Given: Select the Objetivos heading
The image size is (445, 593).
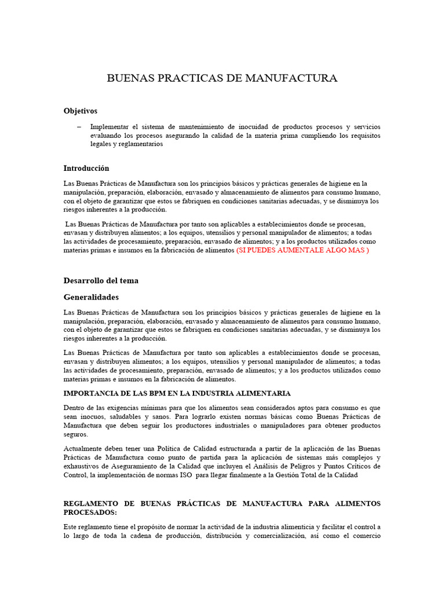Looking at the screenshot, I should (80, 111).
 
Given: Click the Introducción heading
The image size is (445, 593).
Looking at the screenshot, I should (86, 168).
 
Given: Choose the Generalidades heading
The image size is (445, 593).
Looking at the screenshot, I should (90, 297).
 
